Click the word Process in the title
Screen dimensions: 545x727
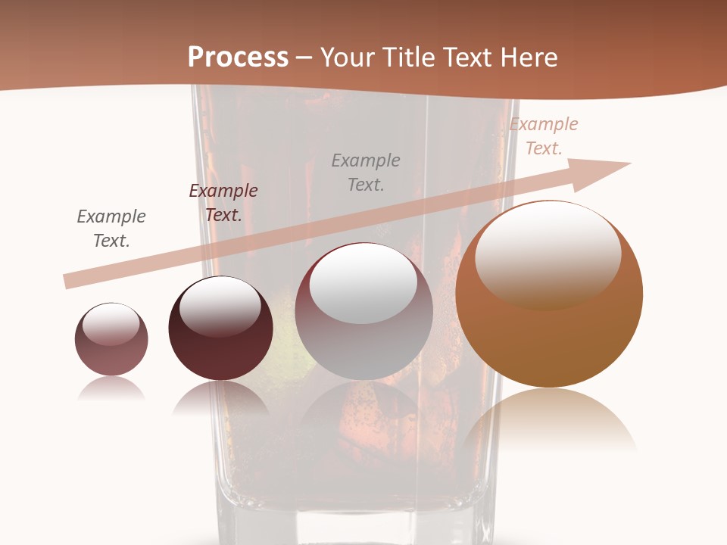pyautogui.click(x=238, y=58)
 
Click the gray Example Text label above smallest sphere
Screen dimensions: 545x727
pyautogui.click(x=111, y=229)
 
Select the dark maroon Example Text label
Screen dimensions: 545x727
pyautogui.click(x=223, y=203)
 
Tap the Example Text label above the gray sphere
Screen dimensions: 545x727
pyautogui.click(x=366, y=172)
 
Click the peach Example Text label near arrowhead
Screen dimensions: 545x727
pyautogui.click(x=544, y=136)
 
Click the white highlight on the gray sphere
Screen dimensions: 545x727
pyautogui.click(x=363, y=284)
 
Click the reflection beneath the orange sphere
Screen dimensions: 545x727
pyautogui.click(x=549, y=420)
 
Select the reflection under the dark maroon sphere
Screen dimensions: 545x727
pyautogui.click(x=220, y=397)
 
